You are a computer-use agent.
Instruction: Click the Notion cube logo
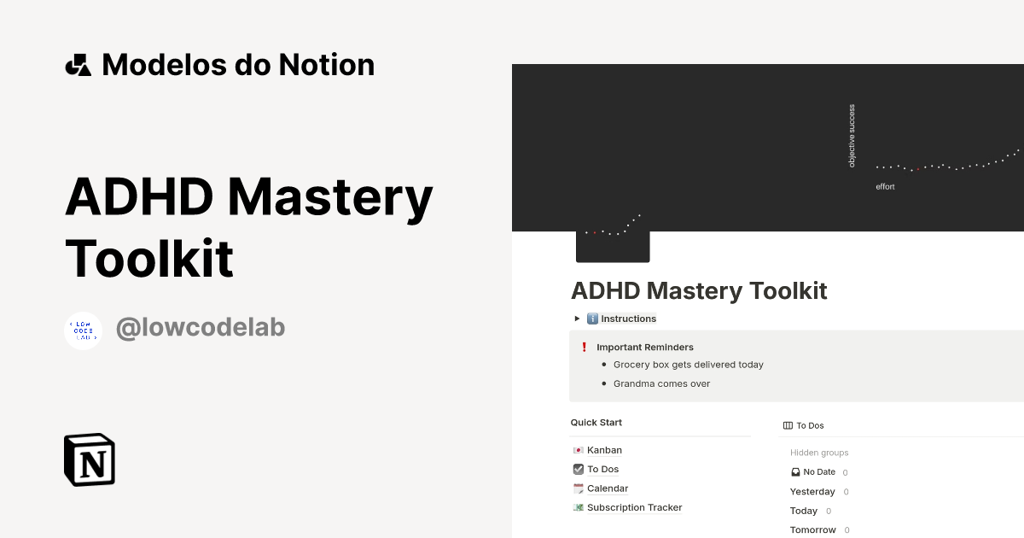90,459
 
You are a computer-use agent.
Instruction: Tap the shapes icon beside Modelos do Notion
78,65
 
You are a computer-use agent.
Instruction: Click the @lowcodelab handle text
200,327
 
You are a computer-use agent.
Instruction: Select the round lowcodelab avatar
84,330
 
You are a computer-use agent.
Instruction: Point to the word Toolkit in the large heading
149,258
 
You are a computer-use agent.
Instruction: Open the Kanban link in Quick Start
604,450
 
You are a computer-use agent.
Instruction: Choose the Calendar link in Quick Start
608,488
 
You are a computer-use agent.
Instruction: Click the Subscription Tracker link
634,507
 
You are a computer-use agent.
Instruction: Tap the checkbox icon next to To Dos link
578,469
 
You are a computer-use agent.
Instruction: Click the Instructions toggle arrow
576,319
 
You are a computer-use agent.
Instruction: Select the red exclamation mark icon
584,348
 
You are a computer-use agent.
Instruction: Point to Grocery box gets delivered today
688,365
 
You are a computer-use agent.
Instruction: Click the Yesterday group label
812,492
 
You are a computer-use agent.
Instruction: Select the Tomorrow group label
812,529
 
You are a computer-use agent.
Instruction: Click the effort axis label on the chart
885,186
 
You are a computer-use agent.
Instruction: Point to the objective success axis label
852,136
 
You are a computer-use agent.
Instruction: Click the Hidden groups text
819,453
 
